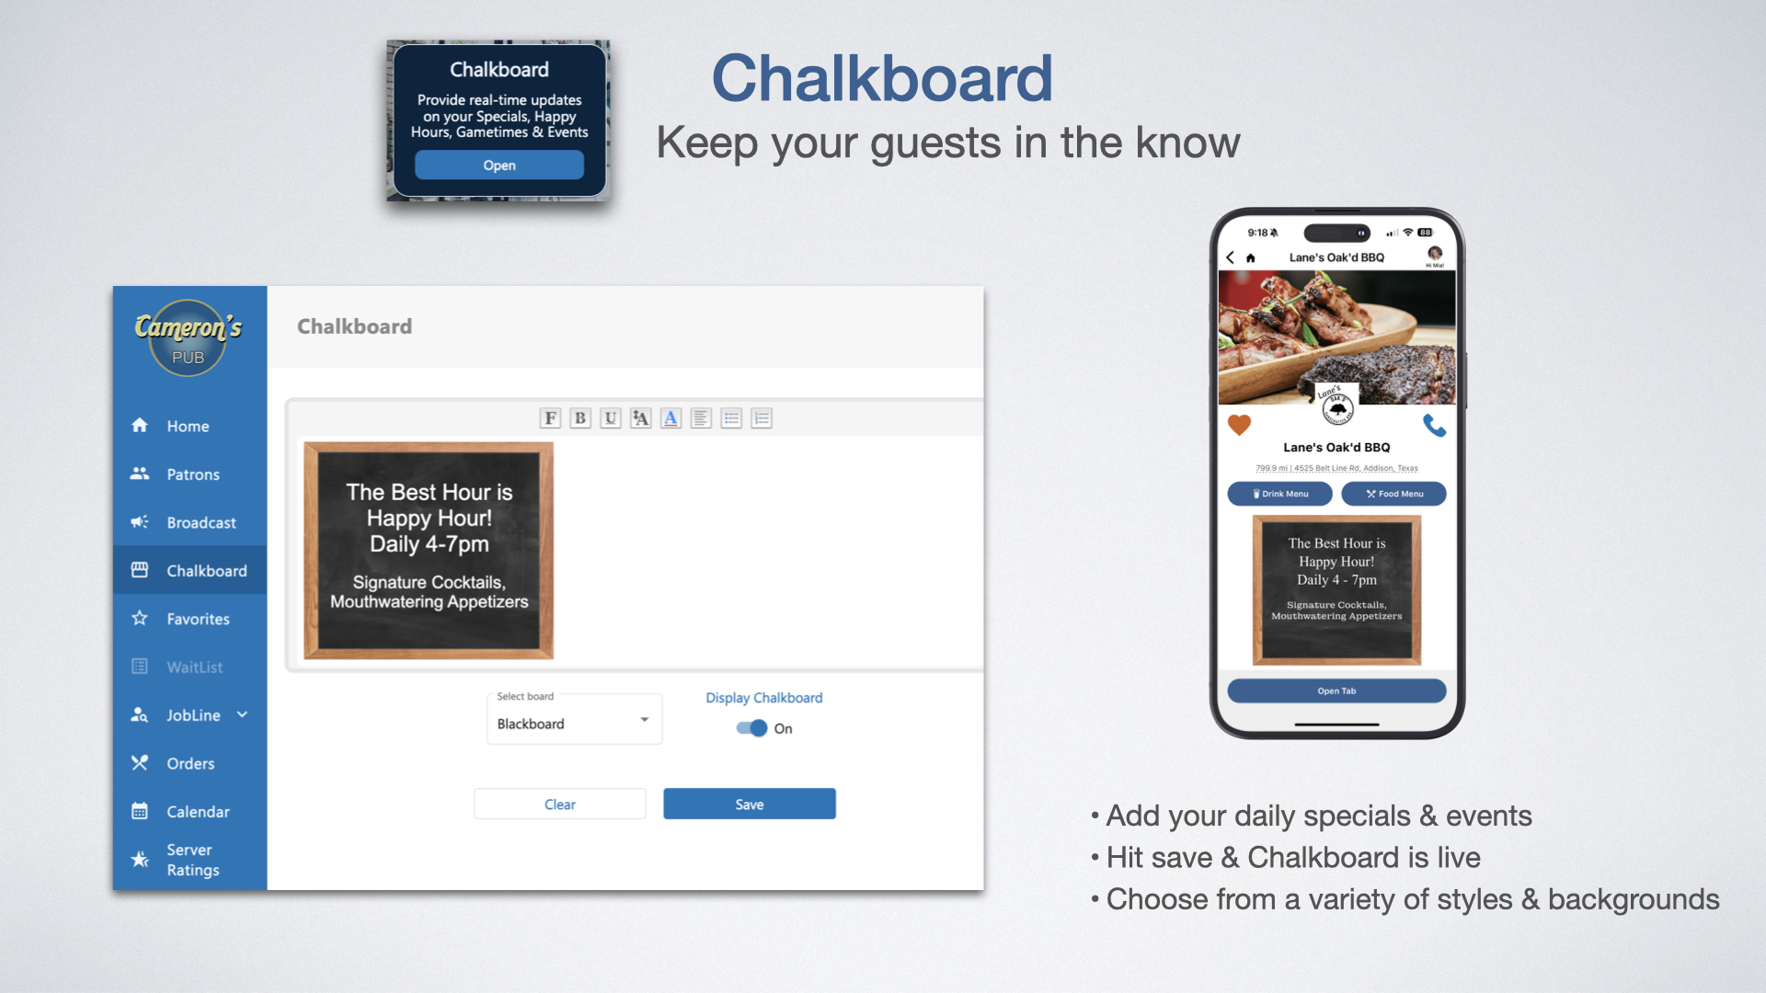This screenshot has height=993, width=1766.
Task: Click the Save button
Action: (x=749, y=804)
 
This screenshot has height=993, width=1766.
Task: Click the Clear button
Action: (x=559, y=804)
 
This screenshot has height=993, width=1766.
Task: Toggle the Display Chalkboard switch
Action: (x=752, y=728)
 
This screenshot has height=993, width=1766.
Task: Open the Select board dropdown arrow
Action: (x=644, y=720)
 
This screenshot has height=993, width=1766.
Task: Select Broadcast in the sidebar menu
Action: (x=201, y=522)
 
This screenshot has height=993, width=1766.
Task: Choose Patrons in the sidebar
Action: (x=192, y=474)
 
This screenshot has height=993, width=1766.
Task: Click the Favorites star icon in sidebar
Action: (x=140, y=618)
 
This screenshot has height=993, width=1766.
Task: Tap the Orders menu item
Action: (x=189, y=763)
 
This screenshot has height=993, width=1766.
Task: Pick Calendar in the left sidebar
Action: (x=198, y=811)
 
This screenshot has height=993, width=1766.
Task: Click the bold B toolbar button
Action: (x=579, y=418)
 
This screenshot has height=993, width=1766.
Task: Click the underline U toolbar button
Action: (x=610, y=418)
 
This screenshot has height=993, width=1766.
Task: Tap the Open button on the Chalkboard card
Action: (x=499, y=165)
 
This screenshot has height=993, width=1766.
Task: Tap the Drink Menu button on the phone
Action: (x=1279, y=494)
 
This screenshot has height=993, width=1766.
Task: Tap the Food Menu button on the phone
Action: (x=1393, y=494)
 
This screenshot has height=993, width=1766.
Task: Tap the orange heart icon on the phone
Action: (x=1239, y=425)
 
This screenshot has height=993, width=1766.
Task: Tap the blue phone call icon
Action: (x=1434, y=425)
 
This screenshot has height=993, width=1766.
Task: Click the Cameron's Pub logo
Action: (x=188, y=337)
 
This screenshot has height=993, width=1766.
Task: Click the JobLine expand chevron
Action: (x=242, y=714)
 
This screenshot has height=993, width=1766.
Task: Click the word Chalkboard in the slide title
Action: (x=881, y=78)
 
